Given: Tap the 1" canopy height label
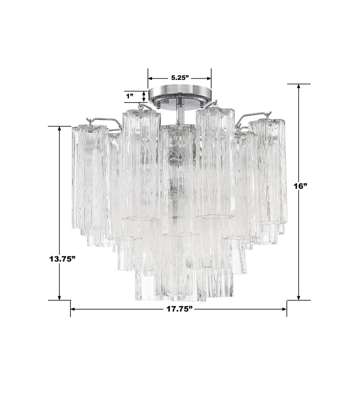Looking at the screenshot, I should coord(130,96).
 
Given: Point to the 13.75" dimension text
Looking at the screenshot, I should coord(62,259).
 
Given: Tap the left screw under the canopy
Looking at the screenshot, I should coord(157,105).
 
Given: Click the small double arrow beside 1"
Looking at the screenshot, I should coord(144,96).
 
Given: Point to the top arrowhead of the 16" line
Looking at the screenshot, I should coord(299,87).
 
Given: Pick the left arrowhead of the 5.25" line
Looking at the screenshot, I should coord(151,78).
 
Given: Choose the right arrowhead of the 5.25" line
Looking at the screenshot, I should coord(208,78).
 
